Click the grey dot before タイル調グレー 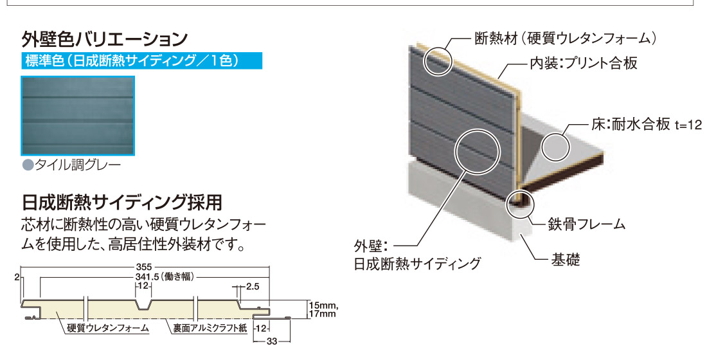coord(27,165)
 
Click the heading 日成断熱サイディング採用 coord(122,203)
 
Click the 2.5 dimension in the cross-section coord(252,287)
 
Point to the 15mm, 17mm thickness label coord(322,309)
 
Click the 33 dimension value coord(271,341)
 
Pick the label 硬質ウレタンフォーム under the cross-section coord(108,329)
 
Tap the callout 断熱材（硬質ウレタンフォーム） coord(565,39)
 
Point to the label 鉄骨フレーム coord(587,224)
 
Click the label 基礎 coord(566,260)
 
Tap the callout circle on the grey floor coord(556,147)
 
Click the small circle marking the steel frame coord(517,203)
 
